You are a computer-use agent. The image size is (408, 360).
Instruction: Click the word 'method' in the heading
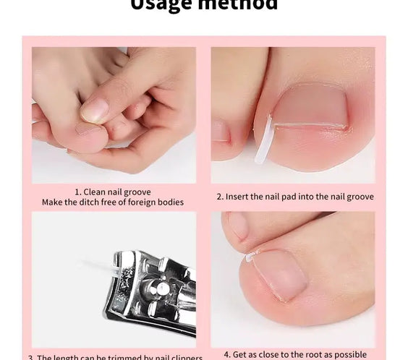point(239,5)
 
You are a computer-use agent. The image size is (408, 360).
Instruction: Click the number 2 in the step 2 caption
point(219,197)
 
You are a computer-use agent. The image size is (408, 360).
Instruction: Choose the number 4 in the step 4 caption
point(226,354)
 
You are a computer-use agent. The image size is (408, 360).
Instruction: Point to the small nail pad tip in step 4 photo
point(250,257)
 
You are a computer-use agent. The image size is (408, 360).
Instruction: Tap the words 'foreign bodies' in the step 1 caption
point(155,202)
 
